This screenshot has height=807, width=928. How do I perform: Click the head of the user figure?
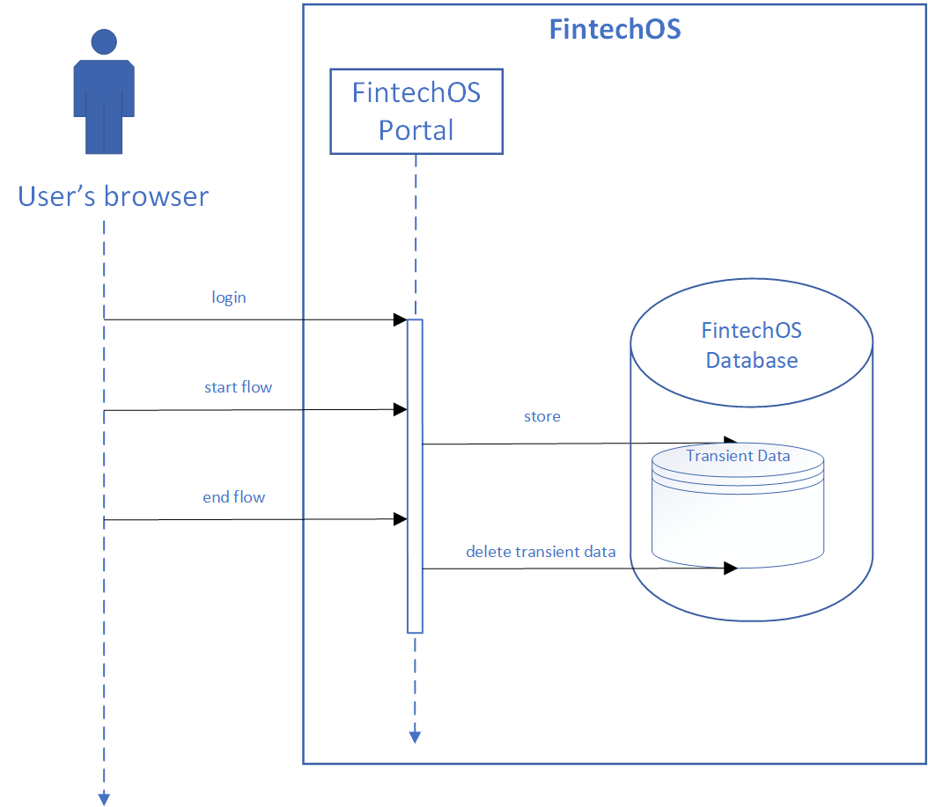104,41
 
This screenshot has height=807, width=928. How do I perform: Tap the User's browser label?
114,195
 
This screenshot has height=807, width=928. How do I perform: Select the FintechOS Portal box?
416,111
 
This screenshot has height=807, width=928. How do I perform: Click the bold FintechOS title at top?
615,28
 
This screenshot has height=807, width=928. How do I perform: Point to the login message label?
229,297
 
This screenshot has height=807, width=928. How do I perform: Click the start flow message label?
238,386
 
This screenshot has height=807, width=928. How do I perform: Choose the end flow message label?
234,497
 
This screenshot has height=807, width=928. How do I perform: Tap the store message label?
541,416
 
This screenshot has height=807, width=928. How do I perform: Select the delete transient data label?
541,552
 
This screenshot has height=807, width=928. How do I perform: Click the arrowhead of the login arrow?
400,320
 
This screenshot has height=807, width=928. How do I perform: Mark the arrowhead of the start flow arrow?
400,409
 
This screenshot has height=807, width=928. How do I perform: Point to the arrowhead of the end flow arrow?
400,519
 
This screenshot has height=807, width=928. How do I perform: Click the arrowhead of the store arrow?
730,442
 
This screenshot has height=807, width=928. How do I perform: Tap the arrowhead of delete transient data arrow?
730,569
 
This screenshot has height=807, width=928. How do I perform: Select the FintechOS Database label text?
752,345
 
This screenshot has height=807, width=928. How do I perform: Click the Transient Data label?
738,456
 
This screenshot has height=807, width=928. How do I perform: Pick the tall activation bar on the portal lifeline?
415,475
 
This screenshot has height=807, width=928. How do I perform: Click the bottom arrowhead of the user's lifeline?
104,798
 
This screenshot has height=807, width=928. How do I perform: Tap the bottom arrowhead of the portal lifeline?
415,737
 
